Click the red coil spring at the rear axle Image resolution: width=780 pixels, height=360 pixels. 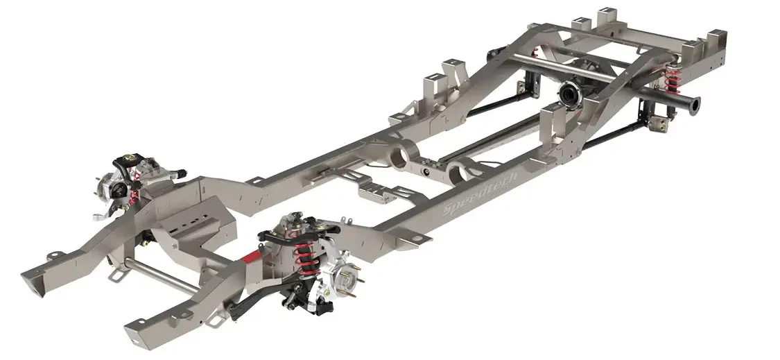coord(673,80)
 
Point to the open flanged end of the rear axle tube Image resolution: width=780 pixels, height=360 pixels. coord(692,105)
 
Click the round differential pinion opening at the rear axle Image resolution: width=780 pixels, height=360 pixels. coord(568,93)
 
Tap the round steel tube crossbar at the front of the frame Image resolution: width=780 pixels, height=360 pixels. coord(159,276)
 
